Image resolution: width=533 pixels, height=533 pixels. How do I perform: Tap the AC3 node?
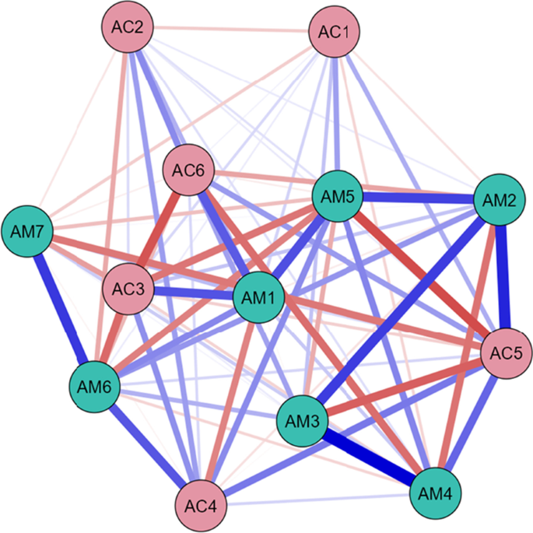126,287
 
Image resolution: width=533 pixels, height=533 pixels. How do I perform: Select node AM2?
499,200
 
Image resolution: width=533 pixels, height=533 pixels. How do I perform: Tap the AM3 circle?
301,421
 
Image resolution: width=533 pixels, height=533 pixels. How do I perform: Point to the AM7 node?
27,231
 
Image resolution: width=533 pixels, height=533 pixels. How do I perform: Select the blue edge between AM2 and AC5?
503,277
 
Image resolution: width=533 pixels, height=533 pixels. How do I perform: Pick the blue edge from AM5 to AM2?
417,198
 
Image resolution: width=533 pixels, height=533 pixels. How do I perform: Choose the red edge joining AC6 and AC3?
157,230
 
